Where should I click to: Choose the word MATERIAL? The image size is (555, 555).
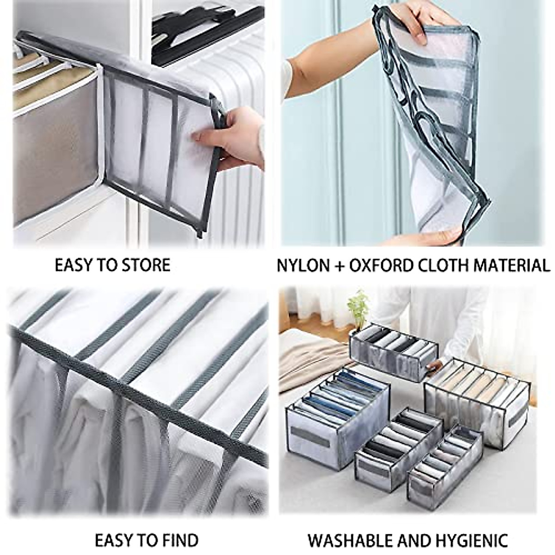[x=509, y=265]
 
